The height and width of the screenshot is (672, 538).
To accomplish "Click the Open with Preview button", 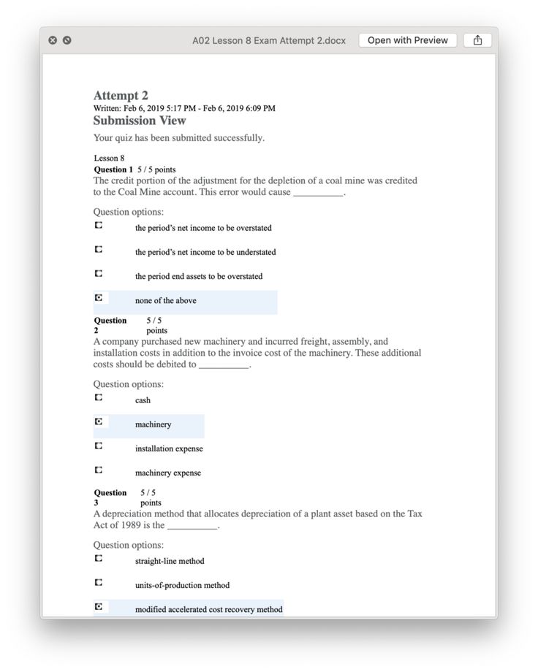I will pyautogui.click(x=407, y=41).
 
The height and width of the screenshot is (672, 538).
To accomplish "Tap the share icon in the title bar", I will pyautogui.click(x=477, y=41).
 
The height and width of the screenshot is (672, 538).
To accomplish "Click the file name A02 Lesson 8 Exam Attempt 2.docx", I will pyautogui.click(x=268, y=41).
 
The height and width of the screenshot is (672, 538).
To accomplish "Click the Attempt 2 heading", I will pyautogui.click(x=121, y=96).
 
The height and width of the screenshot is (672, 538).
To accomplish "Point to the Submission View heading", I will pyautogui.click(x=140, y=121).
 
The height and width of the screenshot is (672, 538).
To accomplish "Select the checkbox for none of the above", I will pyautogui.click(x=99, y=298).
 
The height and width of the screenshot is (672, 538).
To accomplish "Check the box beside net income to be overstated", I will pyautogui.click(x=99, y=226).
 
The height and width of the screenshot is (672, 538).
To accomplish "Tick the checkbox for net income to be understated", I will pyautogui.click(x=99, y=250).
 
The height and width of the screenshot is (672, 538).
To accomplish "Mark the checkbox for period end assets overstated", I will pyautogui.click(x=99, y=274).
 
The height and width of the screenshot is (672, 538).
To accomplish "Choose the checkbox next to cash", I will pyautogui.click(x=99, y=398).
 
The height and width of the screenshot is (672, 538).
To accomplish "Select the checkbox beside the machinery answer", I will pyautogui.click(x=99, y=422).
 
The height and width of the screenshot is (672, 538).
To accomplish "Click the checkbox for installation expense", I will pyautogui.click(x=99, y=446).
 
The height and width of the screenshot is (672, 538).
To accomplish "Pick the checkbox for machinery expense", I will pyautogui.click(x=99, y=470).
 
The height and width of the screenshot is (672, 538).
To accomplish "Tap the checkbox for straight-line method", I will pyautogui.click(x=99, y=559).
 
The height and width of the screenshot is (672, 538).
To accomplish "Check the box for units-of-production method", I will pyautogui.click(x=99, y=583).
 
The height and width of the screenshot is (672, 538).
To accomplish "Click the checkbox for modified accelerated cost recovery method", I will pyautogui.click(x=99, y=607).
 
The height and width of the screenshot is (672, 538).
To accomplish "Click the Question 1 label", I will pyautogui.click(x=113, y=169).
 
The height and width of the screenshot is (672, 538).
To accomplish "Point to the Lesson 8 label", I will pyautogui.click(x=109, y=158).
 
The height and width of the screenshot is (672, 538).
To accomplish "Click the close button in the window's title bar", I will pyautogui.click(x=53, y=41).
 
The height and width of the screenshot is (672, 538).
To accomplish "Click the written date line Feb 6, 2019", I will pyautogui.click(x=184, y=109).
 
